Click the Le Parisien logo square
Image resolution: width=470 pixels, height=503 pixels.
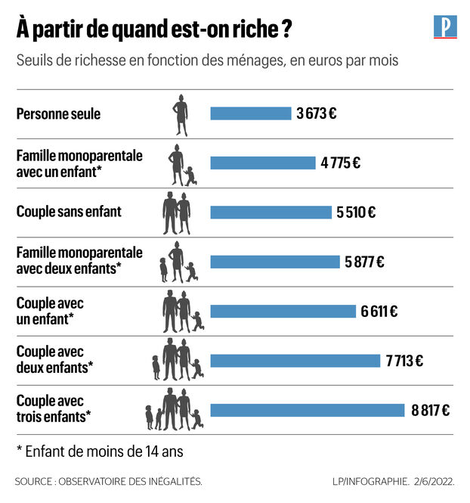point(445,26)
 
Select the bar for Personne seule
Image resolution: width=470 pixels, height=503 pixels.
point(250,113)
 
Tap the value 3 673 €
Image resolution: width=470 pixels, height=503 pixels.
point(317,113)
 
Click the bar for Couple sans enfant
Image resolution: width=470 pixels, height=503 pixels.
point(271,213)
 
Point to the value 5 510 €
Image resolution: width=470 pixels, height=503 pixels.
point(356,213)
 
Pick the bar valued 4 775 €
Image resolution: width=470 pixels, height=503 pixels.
point(262,163)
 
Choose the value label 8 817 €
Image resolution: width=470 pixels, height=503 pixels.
point(431,411)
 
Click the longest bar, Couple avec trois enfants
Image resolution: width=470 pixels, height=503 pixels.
point(308,411)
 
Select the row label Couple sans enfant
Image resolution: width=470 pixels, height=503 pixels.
point(69,212)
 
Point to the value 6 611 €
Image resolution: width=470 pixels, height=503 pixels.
point(379,311)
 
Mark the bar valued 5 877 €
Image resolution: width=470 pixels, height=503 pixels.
point(275,262)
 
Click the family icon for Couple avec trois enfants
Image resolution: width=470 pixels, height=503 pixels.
point(175,409)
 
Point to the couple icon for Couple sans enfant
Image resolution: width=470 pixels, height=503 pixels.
point(177,213)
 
